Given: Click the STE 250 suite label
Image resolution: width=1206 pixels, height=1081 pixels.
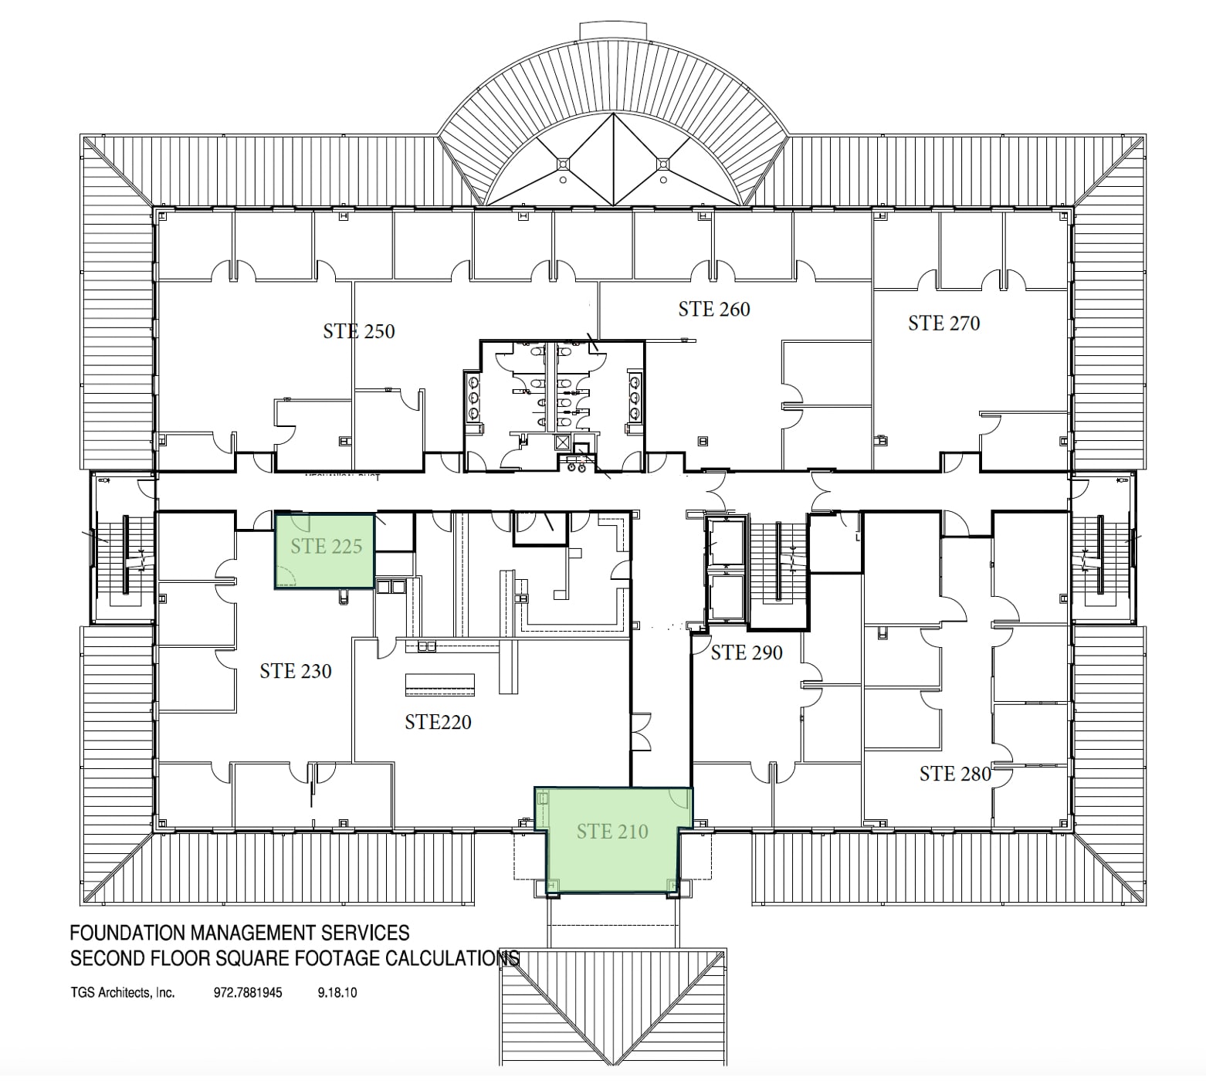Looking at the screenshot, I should (358, 332).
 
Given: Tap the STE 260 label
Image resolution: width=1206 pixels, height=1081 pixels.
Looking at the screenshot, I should (713, 310).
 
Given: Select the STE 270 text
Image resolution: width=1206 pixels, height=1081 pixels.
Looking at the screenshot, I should (943, 324).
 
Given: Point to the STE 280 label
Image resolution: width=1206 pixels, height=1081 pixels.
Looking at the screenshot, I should (954, 774).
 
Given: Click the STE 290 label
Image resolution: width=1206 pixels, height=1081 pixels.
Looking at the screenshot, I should (746, 653).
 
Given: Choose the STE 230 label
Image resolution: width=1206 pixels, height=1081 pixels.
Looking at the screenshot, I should (295, 672).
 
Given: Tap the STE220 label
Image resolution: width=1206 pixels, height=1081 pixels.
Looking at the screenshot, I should (438, 723).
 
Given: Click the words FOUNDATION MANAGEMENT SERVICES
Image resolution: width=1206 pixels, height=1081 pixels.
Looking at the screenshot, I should (239, 934).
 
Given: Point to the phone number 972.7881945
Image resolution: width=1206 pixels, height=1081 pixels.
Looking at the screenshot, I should (247, 993).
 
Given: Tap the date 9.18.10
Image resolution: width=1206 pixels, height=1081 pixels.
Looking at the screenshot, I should (337, 993).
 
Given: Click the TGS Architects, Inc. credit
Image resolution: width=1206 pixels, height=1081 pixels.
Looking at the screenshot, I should (122, 993).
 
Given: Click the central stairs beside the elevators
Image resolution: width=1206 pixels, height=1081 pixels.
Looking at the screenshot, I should (780, 560).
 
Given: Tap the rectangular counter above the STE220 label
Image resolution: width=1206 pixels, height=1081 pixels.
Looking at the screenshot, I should (440, 684).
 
